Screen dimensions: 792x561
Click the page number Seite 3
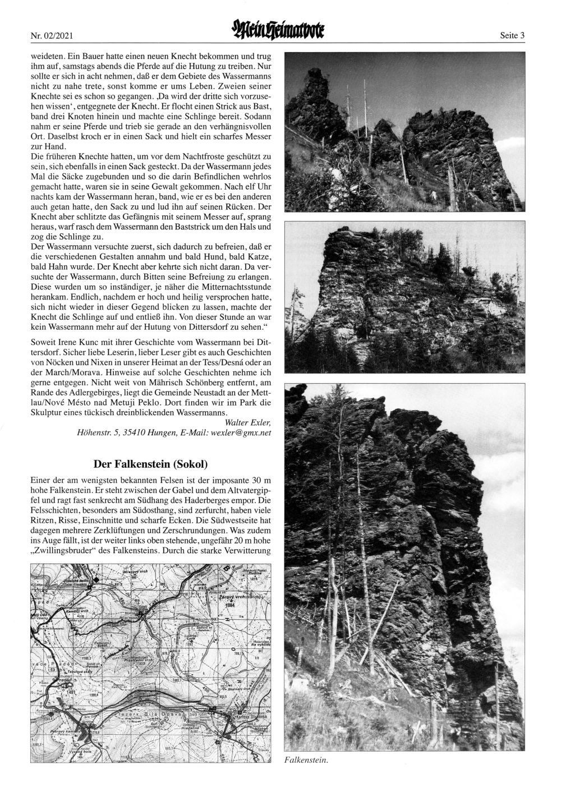(x=512, y=35)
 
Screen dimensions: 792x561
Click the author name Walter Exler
(x=247, y=422)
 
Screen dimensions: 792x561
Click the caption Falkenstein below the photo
(x=306, y=761)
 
